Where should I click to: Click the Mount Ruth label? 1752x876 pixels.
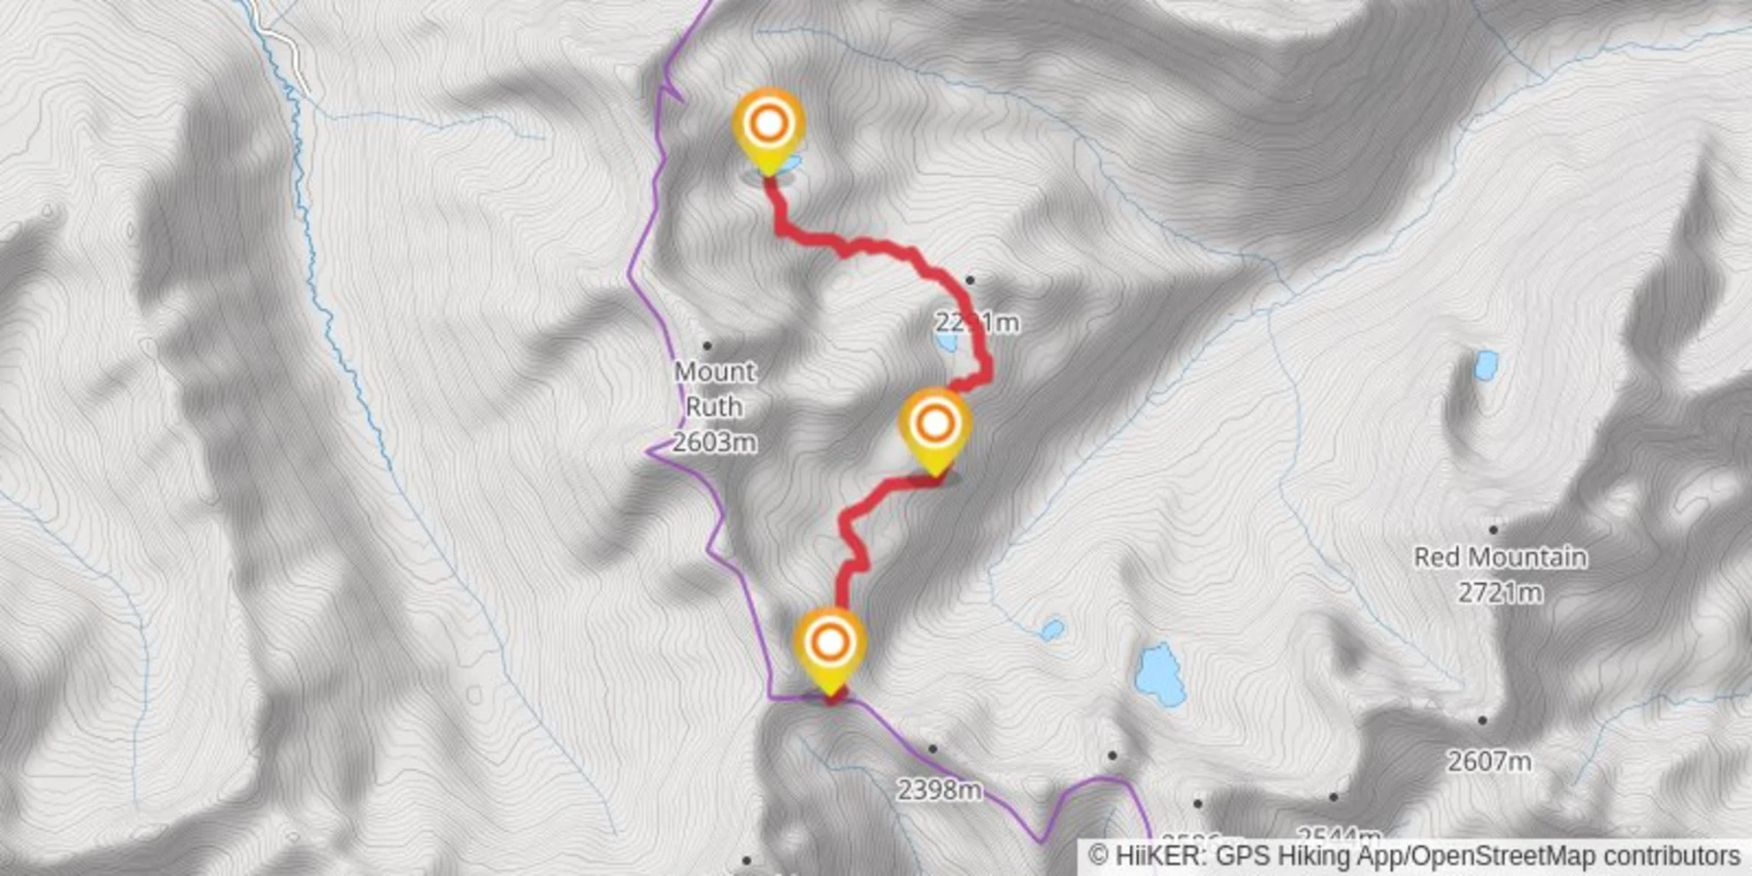714,388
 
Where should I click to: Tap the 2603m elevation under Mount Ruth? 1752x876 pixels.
714,442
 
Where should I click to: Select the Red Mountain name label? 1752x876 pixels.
1500,557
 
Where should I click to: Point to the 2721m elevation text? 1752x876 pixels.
1500,592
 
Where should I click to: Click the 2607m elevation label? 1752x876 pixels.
1488,760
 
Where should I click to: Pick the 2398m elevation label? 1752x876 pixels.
939,789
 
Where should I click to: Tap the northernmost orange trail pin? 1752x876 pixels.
768,125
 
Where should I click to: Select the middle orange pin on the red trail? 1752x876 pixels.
934,425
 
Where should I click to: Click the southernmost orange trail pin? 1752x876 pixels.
829,643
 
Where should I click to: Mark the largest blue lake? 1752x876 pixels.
1159,674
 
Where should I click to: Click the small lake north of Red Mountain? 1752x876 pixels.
1486,364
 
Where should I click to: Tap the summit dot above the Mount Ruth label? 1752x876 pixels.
707,345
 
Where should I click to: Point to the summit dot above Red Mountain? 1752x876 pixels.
1494,529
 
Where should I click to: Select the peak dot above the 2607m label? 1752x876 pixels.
1482,720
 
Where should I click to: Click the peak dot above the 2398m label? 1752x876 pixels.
932,749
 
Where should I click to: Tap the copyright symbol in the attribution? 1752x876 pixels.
1097,857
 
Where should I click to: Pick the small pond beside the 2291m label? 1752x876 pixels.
947,341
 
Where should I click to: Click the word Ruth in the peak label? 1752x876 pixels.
714,406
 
